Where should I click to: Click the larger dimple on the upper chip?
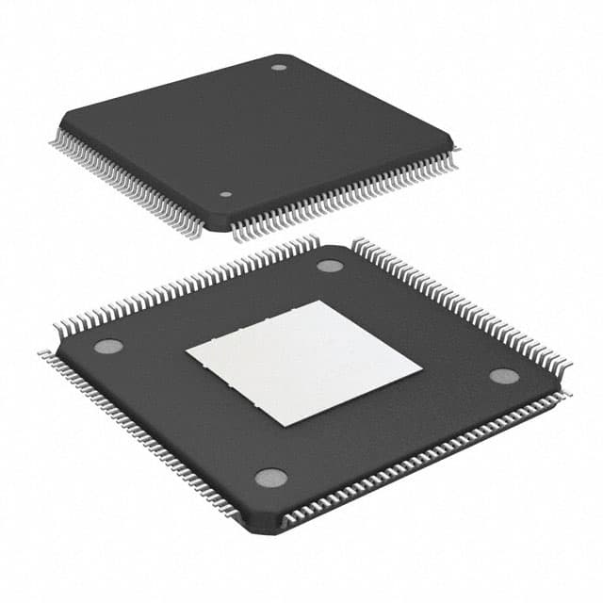[279, 67]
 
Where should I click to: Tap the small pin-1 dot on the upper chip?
[226, 194]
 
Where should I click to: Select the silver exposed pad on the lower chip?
[303, 363]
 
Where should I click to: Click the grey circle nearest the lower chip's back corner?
[330, 266]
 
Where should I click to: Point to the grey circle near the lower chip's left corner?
[108, 346]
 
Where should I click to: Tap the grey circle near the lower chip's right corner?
[504, 376]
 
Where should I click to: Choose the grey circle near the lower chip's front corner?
[271, 478]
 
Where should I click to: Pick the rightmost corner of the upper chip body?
[453, 149]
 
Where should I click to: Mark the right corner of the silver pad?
[422, 374]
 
